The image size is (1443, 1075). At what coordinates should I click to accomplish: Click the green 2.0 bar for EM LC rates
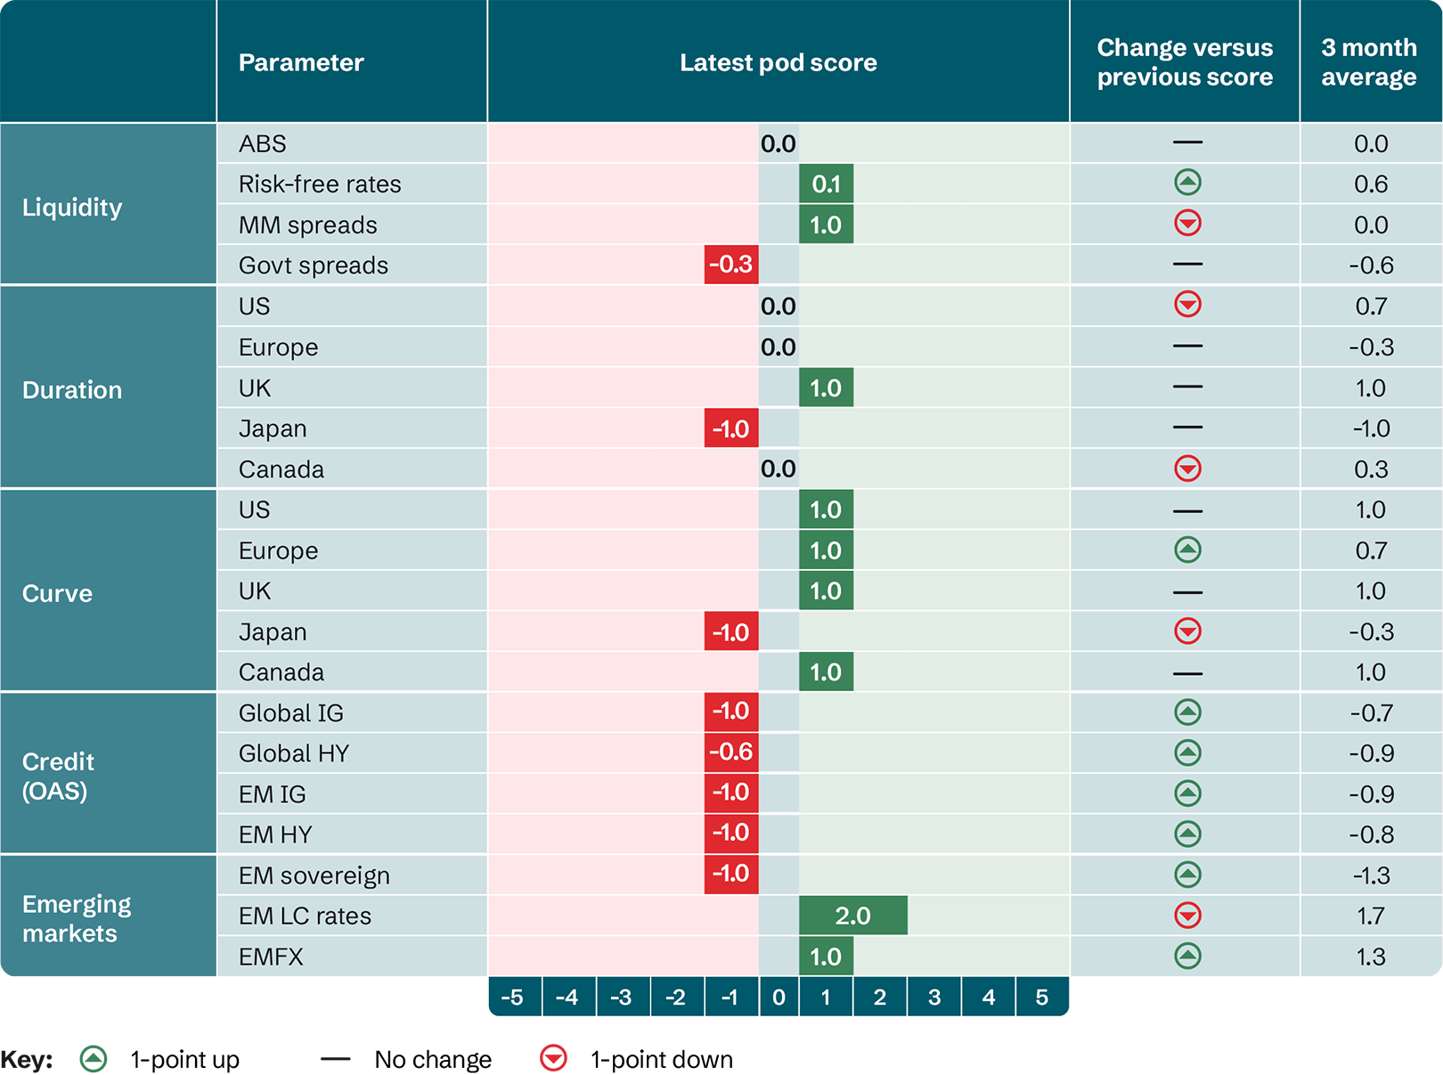pos(852,916)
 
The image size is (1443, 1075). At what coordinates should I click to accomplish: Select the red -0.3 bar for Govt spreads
pos(730,265)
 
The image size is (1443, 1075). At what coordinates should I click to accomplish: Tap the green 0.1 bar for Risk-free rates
pos(826,183)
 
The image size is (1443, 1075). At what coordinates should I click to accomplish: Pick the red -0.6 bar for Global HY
pos(730,753)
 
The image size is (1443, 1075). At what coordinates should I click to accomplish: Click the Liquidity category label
pos(72,208)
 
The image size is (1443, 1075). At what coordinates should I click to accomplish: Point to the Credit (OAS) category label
pos(58,776)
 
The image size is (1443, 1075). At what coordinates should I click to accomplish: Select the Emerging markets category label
pos(77,918)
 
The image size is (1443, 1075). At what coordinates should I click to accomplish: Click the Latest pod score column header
pos(778,62)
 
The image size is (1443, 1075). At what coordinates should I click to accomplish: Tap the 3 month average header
pos(1368,62)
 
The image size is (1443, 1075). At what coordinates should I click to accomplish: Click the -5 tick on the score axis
pos(512,998)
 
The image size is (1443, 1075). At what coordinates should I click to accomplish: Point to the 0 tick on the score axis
pos(779,998)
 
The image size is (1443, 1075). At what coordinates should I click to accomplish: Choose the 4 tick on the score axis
pos(988,998)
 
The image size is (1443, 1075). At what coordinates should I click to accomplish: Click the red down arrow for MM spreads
pos(1187,223)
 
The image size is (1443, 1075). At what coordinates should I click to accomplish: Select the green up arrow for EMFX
pos(1187,956)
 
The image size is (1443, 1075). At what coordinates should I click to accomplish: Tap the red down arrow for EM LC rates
pos(1187,915)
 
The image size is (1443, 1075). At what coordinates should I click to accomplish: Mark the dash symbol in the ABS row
pos(1187,143)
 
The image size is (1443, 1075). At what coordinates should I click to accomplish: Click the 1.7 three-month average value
pos(1370,916)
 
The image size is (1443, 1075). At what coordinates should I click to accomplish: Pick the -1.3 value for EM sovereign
pos(1370,875)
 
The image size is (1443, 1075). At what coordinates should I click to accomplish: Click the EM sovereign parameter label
pos(314,875)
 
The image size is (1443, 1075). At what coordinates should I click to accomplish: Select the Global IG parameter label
pos(290,713)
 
